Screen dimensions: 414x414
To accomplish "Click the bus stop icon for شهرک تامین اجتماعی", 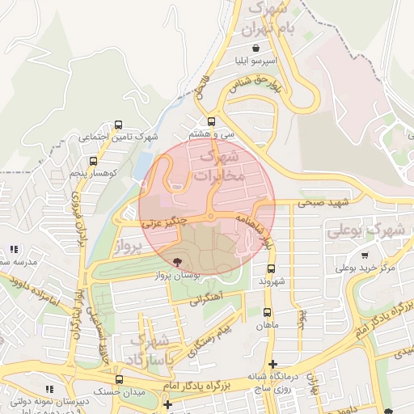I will coord(119,125).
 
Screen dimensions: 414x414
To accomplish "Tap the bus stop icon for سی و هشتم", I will coord(212,120).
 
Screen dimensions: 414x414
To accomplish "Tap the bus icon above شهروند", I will coord(270,268).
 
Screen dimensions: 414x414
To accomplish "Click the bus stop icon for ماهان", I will coord(268,311).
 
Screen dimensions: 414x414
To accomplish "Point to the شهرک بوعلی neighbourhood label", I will coord(364,230).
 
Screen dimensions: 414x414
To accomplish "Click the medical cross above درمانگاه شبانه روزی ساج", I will coord(273,364).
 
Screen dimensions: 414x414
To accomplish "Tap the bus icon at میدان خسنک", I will coord(120,378).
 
